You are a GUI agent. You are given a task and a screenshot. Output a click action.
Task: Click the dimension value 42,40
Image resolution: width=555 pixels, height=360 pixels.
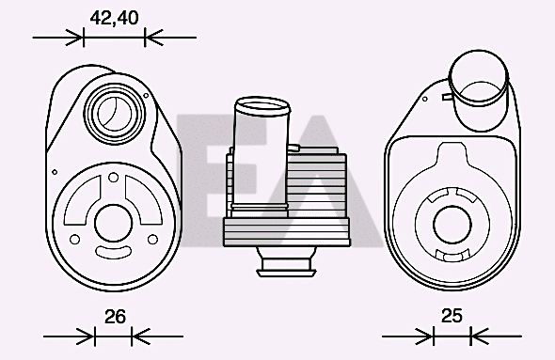click(114, 17)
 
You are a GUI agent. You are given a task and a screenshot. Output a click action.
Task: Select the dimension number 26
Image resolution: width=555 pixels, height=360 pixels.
click(115, 317)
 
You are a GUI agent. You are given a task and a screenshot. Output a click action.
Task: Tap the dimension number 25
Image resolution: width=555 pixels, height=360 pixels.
click(452, 317)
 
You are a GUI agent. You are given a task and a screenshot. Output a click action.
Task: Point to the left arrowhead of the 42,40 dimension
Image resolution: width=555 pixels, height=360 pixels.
click(75, 38)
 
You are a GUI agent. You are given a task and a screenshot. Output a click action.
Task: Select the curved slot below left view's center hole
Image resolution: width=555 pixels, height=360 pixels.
click(114, 256)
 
